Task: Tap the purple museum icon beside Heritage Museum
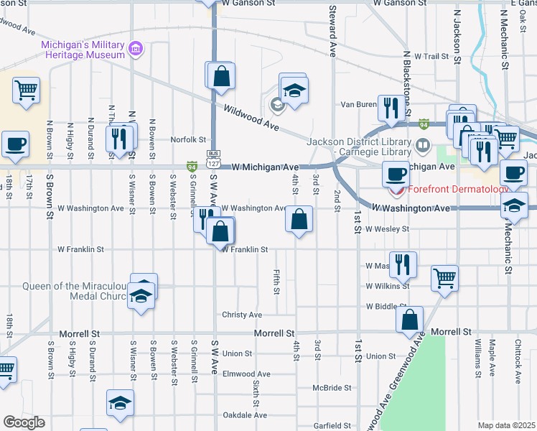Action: point(135,49)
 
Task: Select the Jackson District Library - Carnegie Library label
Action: point(359,146)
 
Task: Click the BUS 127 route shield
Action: point(213,158)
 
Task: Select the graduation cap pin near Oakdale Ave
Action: point(120,402)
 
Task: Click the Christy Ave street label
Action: point(242,315)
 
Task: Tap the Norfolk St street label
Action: point(188,139)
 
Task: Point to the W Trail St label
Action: point(426,55)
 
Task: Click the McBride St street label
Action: point(332,387)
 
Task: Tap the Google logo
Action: point(24,422)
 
